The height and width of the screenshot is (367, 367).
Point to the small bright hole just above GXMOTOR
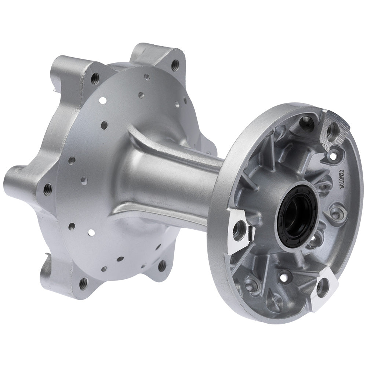click(x=334, y=156)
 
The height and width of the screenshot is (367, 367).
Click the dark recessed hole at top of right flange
click(x=306, y=122)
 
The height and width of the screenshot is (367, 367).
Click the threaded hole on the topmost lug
click(x=175, y=65)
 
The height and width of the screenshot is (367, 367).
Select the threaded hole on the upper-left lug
click(x=95, y=77)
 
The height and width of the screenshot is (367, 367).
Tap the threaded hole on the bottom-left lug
click(x=83, y=283)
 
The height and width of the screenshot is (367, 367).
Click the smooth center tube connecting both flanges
click(x=176, y=180)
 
